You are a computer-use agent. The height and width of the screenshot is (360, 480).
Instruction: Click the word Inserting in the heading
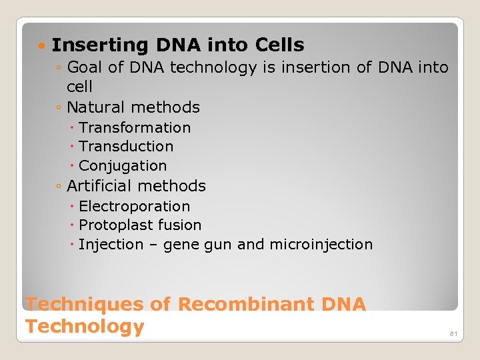[101, 45]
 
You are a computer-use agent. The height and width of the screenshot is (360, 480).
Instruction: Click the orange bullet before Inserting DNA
[43, 46]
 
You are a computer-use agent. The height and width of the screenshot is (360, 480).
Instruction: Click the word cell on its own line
[79, 87]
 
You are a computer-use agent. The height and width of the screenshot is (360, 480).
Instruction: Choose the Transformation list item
[135, 127]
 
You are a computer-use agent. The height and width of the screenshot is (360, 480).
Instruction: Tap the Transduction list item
[126, 146]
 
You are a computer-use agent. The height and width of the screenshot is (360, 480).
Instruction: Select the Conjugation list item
[123, 165]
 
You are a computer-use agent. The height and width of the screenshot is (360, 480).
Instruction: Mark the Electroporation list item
[134, 207]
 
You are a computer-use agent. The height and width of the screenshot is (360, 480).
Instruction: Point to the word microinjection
[321, 245]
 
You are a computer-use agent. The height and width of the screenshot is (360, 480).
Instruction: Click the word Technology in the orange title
[85, 327]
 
